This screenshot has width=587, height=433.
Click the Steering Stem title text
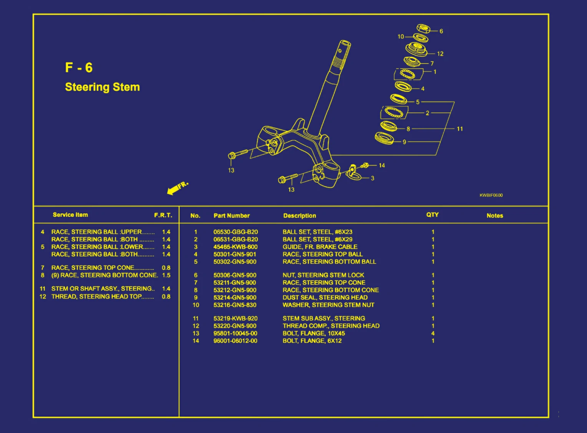pyautogui.click(x=102, y=87)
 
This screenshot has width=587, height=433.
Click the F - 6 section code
pyautogui.click(x=79, y=68)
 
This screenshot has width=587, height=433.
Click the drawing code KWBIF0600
pyautogui.click(x=491, y=195)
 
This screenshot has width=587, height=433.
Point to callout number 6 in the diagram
pyautogui.click(x=441, y=31)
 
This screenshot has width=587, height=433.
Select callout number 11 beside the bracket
pyautogui.click(x=460, y=129)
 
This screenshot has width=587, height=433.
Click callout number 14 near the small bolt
pyautogui.click(x=381, y=165)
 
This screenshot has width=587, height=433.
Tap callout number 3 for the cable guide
pyautogui.click(x=372, y=178)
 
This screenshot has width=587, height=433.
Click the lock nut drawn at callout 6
pyautogui.click(x=423, y=28)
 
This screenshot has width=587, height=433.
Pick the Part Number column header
pyautogui.click(x=231, y=216)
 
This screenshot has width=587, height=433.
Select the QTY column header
pyautogui.click(x=432, y=215)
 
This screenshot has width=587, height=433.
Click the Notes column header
pyautogui.click(x=494, y=216)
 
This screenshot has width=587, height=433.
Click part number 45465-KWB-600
pyautogui.click(x=235, y=247)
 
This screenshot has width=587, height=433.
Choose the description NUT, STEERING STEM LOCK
pyautogui.click(x=323, y=275)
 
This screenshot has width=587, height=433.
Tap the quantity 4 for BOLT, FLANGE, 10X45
pyautogui.click(x=433, y=333)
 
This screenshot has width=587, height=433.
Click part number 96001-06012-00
pyautogui.click(x=235, y=341)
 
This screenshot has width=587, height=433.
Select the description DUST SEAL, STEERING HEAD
pyautogui.click(x=325, y=297)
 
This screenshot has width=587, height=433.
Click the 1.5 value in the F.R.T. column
pyautogui.click(x=166, y=275)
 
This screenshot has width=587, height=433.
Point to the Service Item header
pyautogui.click(x=70, y=215)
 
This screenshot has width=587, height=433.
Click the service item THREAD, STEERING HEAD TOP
pyautogui.click(x=96, y=297)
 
